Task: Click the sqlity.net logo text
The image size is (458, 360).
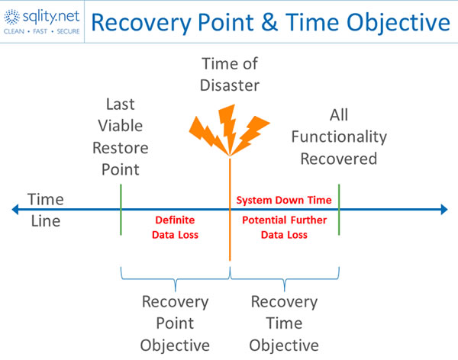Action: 51,18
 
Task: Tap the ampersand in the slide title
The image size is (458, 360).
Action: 269,22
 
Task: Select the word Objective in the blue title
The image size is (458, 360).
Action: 398,23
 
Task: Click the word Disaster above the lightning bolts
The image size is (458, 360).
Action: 230,85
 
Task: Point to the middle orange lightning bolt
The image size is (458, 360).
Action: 228,128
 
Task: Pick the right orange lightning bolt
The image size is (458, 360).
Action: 250,135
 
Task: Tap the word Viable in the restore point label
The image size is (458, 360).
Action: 121,126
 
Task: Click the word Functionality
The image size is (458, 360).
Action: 339,137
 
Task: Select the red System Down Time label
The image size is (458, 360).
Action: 284,201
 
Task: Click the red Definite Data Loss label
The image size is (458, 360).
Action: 175,227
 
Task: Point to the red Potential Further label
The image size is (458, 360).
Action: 285,220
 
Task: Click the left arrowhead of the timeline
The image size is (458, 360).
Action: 15,209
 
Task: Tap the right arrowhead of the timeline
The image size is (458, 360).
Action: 444,209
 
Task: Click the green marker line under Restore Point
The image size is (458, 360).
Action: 121,209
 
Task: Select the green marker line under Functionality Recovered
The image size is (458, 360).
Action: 339,209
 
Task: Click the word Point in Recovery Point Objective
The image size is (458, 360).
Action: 175,323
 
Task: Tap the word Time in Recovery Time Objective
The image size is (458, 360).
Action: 284,323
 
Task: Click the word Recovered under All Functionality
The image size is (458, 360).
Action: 339,159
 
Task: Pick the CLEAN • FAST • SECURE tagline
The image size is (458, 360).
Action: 41,31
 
